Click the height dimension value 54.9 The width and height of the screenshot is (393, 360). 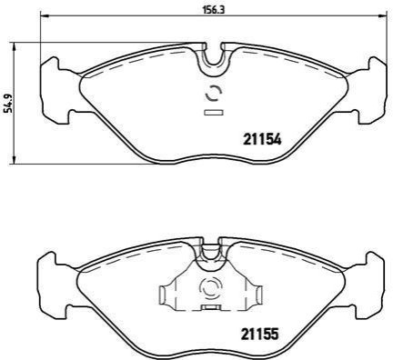point(9,104)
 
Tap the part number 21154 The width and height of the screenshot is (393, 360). point(262,140)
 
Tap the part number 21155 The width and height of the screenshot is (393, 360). point(260,335)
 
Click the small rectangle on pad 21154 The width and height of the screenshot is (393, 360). point(214,113)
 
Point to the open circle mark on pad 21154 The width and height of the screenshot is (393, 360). point(214,94)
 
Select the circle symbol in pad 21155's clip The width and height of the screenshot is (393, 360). point(211,287)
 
